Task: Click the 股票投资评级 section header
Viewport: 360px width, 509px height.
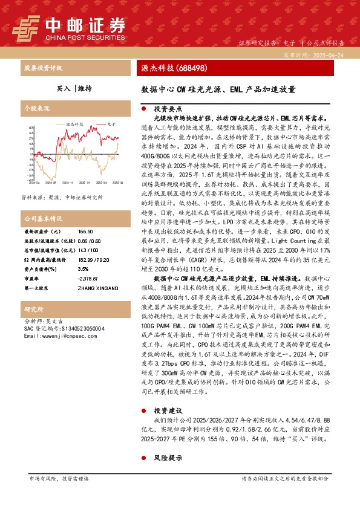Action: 42,68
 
